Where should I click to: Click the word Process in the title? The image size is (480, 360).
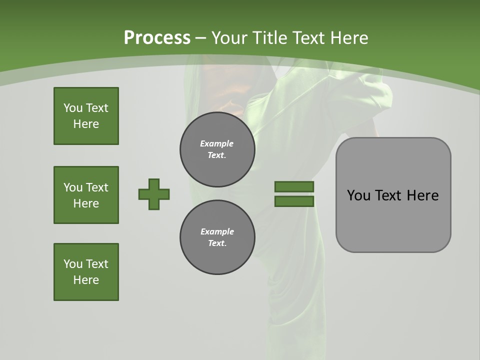coord(157,38)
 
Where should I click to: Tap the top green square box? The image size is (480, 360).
coord(86,116)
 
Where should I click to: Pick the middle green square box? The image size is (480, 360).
coord(86,195)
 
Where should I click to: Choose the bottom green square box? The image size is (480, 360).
coord(86,272)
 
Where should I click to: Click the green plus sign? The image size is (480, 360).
coord(154,194)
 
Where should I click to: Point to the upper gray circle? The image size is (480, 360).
coord(217,149)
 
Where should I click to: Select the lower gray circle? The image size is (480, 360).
coord(217,237)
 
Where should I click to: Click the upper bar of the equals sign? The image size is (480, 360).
coord(294,187)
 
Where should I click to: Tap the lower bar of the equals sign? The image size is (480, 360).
coord(294,201)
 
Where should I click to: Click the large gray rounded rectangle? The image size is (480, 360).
coord(393,220)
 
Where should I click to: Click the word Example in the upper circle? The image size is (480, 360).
coord(216,144)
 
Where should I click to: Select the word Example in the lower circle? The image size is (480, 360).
coord(217,232)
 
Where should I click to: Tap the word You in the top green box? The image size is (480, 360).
coord(73,108)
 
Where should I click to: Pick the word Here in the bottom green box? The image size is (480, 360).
coord(86,280)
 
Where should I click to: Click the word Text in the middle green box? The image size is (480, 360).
coord(96,187)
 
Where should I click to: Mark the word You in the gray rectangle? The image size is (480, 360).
coord(358,195)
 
